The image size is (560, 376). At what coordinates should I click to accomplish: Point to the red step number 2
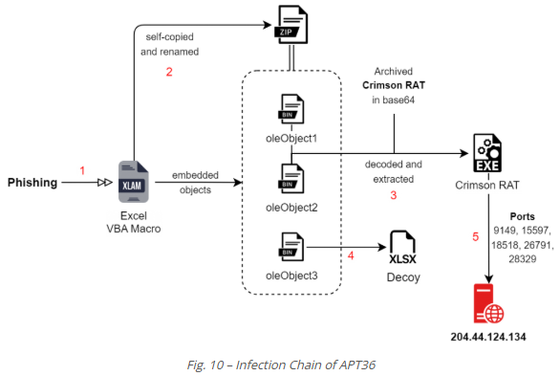click(x=169, y=71)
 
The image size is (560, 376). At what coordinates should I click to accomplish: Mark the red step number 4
click(x=350, y=255)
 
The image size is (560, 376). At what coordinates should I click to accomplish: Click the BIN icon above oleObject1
click(x=289, y=109)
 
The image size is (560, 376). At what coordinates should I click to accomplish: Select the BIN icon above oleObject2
click(x=289, y=179)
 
